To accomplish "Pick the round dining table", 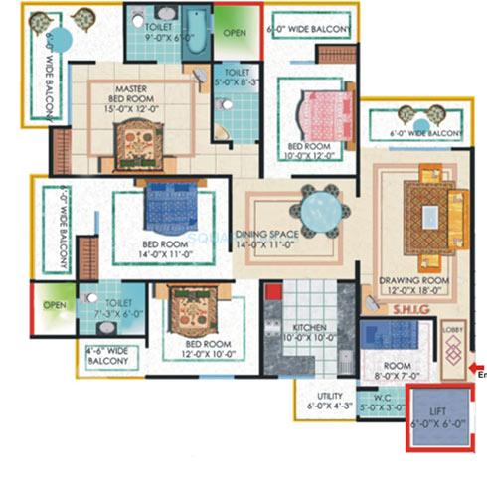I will point(319,210).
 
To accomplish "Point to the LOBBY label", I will point(453,327).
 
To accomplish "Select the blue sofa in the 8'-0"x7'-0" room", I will point(379,334).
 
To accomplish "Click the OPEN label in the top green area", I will point(235,32).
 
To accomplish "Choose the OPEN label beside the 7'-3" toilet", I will point(55,305).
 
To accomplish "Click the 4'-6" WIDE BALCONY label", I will point(108,356).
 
